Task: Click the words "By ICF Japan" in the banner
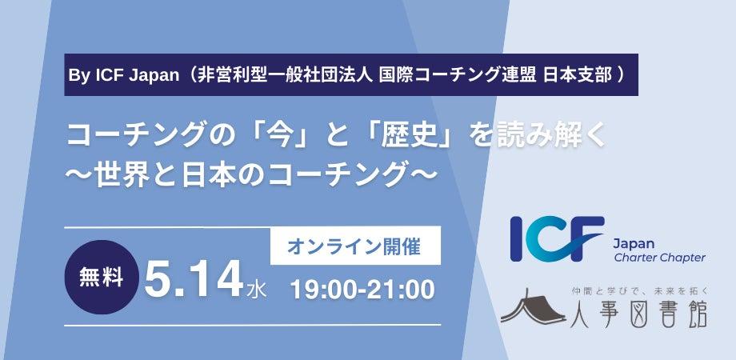point(124,75)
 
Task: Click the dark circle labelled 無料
point(102,278)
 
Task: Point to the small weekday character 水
point(258,289)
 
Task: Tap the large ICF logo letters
point(557,238)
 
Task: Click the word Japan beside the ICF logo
point(634,244)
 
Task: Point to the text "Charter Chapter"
point(659,258)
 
